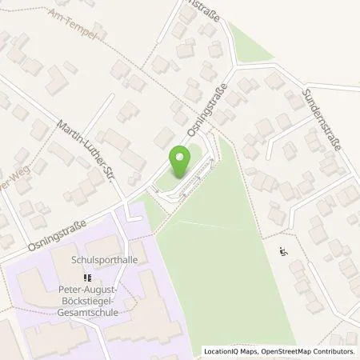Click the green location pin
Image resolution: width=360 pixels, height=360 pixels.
pyautogui.click(x=180, y=165)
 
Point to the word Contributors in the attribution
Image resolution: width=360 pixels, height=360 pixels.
pyautogui.click(x=332, y=352)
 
